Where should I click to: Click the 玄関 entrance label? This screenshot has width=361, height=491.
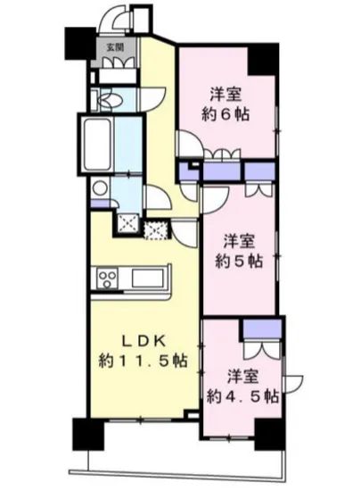[117, 46]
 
